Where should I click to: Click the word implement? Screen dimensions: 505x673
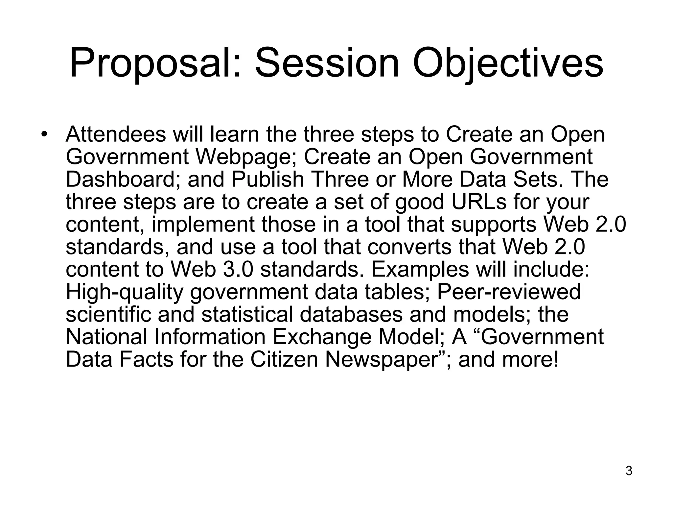point(203,224)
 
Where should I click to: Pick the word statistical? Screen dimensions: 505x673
point(247,314)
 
